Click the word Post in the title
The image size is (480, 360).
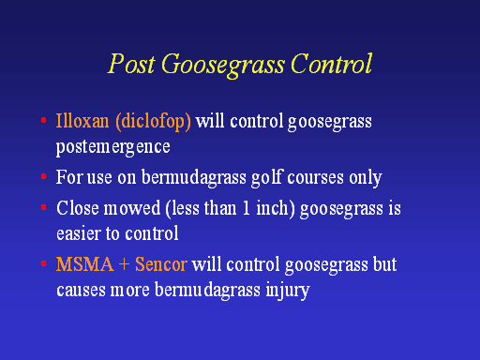pos(131,64)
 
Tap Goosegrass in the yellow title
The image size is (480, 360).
pos(223,65)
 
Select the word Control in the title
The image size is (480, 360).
pos(331,64)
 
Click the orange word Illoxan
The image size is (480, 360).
pos(82,121)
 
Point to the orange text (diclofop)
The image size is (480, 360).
pos(153,122)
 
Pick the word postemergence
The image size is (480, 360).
pos(113,147)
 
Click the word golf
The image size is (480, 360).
pos(267,177)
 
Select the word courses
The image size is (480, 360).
pos(315,178)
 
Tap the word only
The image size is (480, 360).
pos(366,178)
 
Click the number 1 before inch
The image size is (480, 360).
pos(247,208)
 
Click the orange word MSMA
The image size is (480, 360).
pos(84,264)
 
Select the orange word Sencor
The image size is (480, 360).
pos(161,264)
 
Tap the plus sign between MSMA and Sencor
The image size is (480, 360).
pos(124,265)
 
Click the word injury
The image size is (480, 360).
pos(288,290)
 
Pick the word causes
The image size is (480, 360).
pos(81,290)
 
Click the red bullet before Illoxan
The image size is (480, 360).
pos(44,120)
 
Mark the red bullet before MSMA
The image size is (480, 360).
pos(44,264)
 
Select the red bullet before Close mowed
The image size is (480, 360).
pos(44,207)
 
